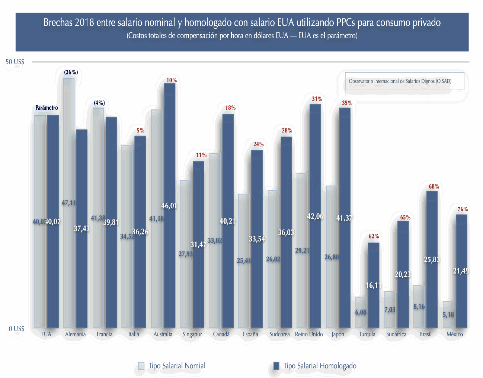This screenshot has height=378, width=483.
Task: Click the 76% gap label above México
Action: (463, 209)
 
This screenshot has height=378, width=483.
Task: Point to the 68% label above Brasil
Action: (434, 187)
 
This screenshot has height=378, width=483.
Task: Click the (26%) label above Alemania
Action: (71, 72)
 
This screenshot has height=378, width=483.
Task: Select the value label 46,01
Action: (169, 206)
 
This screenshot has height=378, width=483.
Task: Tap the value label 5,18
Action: (448, 315)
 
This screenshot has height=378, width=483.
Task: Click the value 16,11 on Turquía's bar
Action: (373, 285)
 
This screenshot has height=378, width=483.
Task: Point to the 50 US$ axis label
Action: (15, 62)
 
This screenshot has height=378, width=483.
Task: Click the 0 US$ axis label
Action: (16, 329)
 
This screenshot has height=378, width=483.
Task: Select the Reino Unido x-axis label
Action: (309, 334)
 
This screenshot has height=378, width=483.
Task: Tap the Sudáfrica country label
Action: (396, 334)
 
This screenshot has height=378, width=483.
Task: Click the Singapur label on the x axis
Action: (192, 334)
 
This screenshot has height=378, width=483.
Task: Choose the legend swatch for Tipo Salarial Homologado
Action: (276, 366)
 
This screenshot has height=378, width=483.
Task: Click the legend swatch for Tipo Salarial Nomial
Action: (141, 366)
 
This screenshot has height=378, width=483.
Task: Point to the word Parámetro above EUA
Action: (47, 108)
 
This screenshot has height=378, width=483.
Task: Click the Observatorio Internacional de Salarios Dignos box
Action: (404, 81)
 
